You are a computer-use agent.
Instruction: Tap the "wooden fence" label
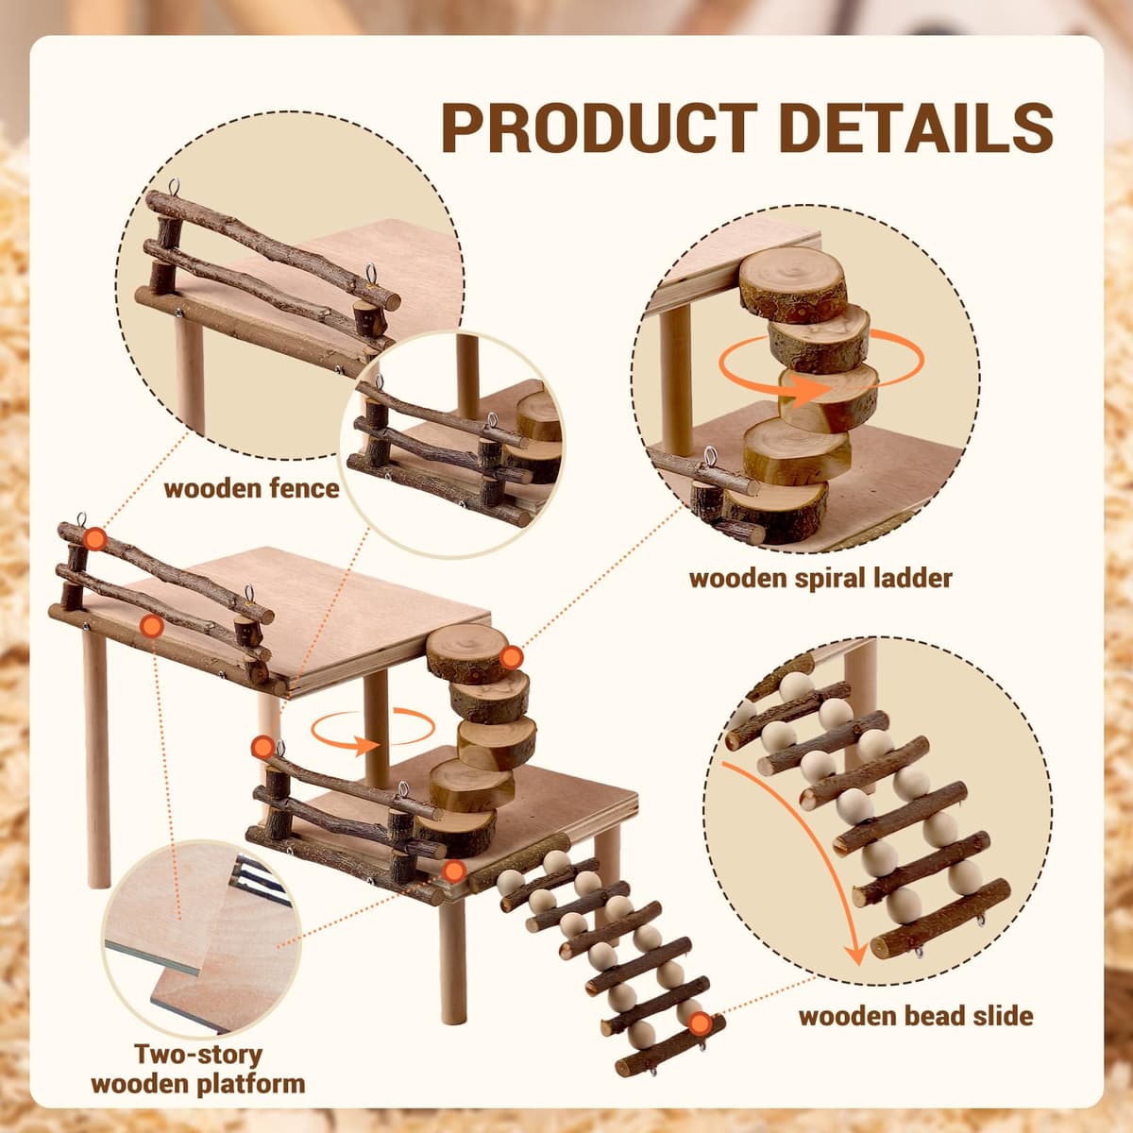click(252, 488)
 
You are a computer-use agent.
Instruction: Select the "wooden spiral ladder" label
click(820, 579)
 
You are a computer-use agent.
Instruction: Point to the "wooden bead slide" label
click(916, 1015)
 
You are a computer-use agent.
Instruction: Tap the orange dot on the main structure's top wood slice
click(511, 657)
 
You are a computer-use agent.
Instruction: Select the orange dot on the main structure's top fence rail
click(95, 538)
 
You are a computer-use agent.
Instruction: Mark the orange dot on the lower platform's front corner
click(453, 871)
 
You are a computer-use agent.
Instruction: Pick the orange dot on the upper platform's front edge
click(152, 626)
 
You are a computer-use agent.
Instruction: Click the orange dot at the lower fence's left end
click(262, 747)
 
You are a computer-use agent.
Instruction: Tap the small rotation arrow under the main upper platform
click(373, 730)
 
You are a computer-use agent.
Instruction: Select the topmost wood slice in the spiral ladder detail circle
click(791, 285)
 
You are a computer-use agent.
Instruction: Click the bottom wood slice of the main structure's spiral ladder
click(456, 833)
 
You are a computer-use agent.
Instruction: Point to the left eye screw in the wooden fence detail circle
click(174, 188)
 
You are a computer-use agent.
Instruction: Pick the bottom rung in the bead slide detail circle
click(939, 927)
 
